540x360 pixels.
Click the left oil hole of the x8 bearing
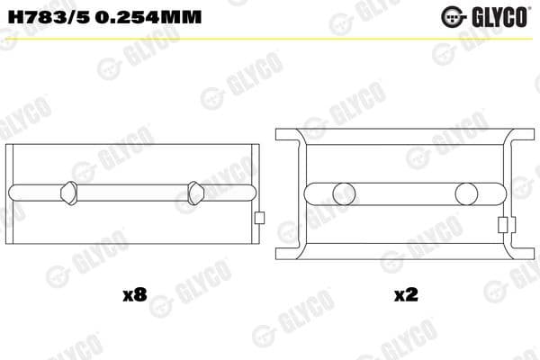(x=68, y=193)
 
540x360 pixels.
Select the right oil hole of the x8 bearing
(x=197, y=193)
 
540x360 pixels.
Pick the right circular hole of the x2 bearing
(x=465, y=193)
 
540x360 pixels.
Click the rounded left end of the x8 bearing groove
(x=12, y=193)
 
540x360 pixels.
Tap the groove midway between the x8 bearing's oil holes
(x=133, y=193)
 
